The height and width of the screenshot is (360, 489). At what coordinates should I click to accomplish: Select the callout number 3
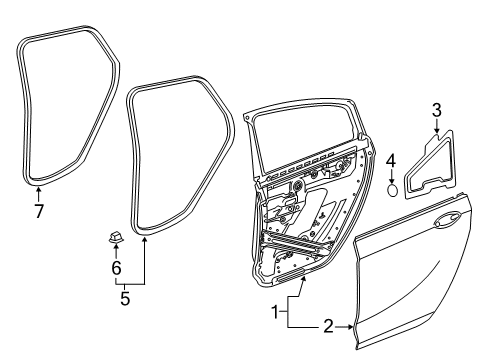coord(435,109)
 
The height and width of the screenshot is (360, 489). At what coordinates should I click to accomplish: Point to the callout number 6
coord(115,268)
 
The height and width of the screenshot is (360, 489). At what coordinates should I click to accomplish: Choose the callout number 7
coord(39,211)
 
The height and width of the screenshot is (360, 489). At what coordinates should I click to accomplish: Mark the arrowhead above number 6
coord(115,249)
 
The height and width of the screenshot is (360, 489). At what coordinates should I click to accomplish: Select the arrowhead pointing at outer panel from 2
coord(351,327)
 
